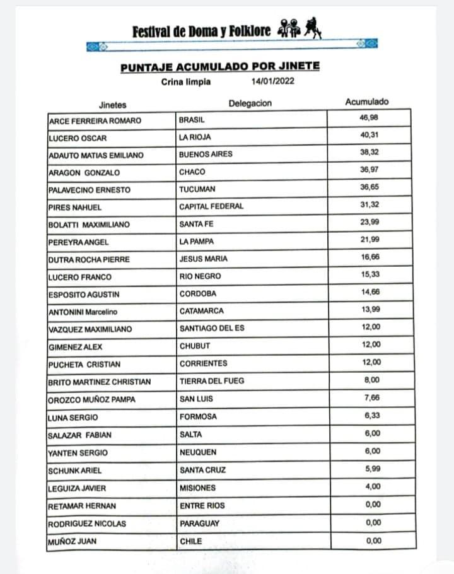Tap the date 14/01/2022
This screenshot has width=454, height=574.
tap(272, 81)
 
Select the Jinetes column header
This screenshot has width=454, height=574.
tap(112, 105)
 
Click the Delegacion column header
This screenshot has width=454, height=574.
tap(250, 103)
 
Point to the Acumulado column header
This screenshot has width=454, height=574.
tap(367, 102)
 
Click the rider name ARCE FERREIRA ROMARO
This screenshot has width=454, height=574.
tap(95, 120)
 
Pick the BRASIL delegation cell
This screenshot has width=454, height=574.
tap(192, 119)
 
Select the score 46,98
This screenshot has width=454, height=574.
tap(369, 117)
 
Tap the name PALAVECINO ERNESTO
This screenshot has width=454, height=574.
tap(89, 189)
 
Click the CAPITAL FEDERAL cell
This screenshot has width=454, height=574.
tap(211, 206)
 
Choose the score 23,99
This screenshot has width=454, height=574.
tap(370, 222)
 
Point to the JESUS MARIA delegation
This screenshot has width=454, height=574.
tap(203, 259)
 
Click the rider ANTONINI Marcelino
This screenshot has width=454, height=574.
tap(83, 312)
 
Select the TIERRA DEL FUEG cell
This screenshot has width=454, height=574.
tap(211, 381)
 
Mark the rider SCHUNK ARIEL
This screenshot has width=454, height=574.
tap(74, 471)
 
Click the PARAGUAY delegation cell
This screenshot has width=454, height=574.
tap(199, 524)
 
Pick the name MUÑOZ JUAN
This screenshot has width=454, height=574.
tap(73, 541)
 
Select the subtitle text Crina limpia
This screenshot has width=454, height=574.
tap(185, 81)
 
